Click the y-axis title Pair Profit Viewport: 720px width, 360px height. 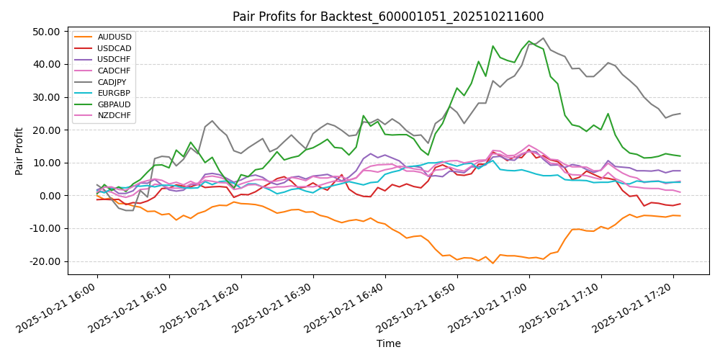click(19, 151)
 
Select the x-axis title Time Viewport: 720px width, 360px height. click(388, 344)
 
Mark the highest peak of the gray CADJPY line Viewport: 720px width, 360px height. click(543, 38)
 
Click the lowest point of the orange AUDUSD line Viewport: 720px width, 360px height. click(493, 264)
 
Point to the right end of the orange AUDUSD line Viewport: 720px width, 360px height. click(680, 216)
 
